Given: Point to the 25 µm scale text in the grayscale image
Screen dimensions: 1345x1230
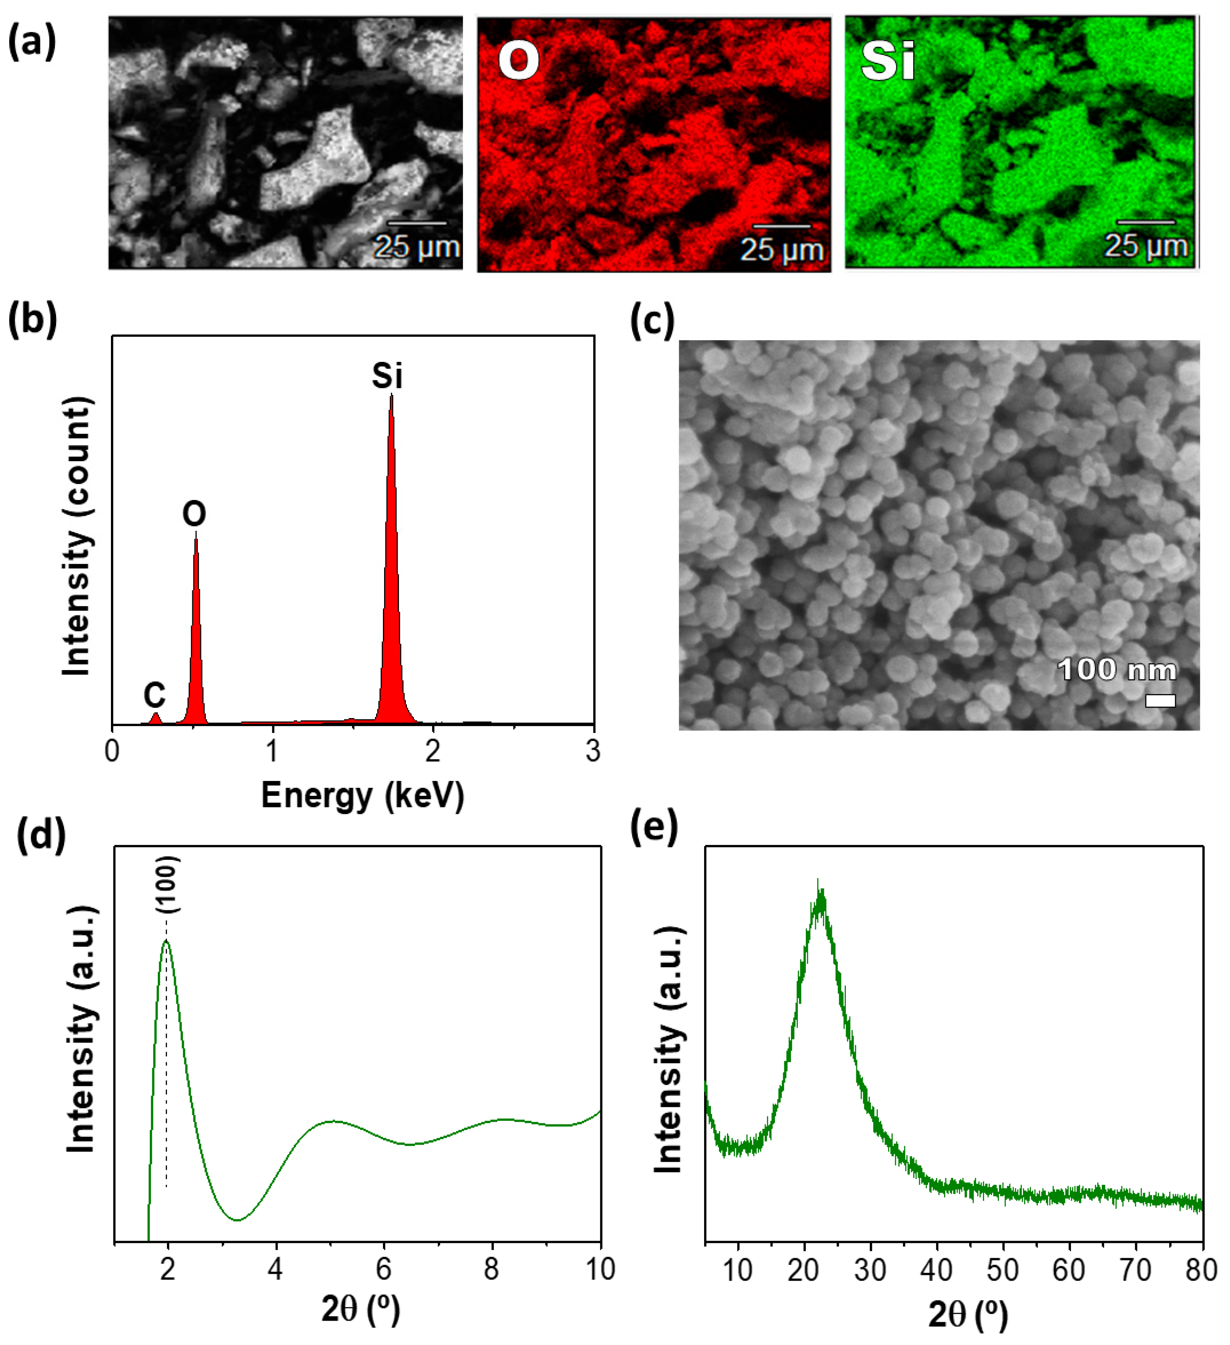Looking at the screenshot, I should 417,247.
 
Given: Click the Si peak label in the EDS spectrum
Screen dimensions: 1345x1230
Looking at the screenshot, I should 387,375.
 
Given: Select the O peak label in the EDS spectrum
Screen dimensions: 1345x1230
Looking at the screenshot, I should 194,514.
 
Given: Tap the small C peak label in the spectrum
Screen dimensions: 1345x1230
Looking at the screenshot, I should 154,696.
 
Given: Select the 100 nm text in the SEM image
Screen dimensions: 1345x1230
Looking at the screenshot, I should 1117,669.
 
